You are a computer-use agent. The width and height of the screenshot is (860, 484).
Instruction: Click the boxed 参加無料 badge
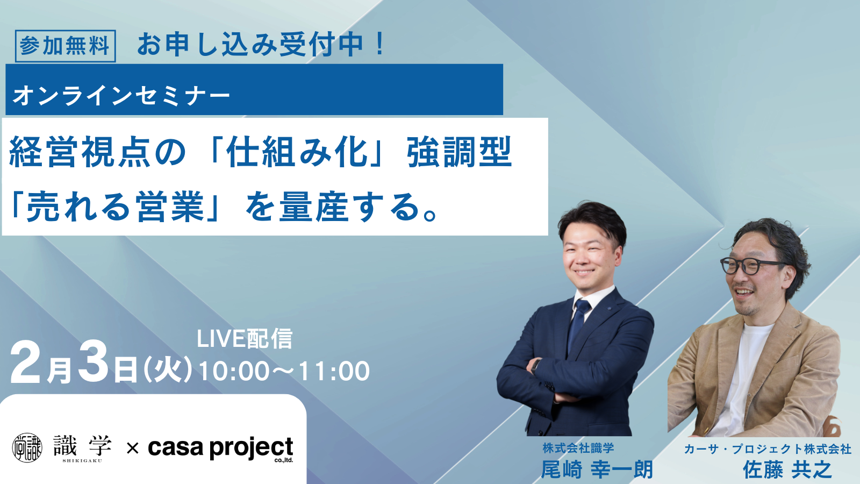click(x=65, y=46)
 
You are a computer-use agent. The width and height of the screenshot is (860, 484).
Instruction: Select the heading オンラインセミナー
click(x=121, y=95)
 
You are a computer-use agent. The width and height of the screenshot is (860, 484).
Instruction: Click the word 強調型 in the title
click(x=459, y=152)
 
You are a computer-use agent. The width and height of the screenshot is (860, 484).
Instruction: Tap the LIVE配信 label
click(x=245, y=338)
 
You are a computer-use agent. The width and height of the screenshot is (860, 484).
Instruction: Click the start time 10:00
click(x=233, y=371)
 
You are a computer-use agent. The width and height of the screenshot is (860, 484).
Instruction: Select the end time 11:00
click(x=334, y=371)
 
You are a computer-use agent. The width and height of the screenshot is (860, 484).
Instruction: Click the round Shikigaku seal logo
click(x=27, y=447)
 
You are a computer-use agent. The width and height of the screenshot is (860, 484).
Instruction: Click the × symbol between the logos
click(x=132, y=448)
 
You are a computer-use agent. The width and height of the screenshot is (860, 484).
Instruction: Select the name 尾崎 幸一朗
click(x=597, y=470)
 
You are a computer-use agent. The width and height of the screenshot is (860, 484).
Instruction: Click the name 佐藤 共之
click(x=787, y=470)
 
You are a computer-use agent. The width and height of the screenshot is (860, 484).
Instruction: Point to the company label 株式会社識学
click(x=578, y=447)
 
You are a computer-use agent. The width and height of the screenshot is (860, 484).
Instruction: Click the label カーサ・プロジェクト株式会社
click(x=768, y=449)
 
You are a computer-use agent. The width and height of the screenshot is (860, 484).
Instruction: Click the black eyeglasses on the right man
click(x=750, y=266)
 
